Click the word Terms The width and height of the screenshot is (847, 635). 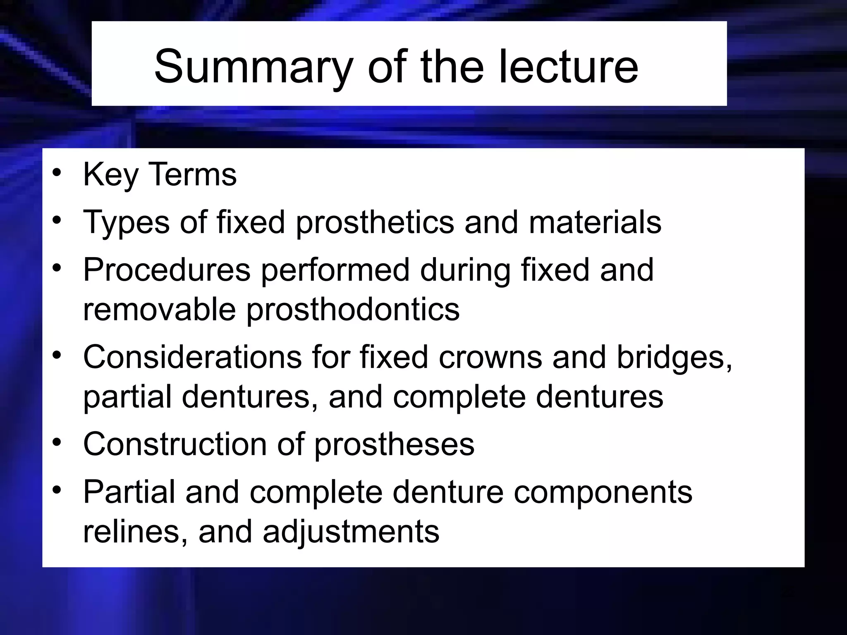(x=192, y=174)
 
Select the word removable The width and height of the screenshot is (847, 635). (x=159, y=309)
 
